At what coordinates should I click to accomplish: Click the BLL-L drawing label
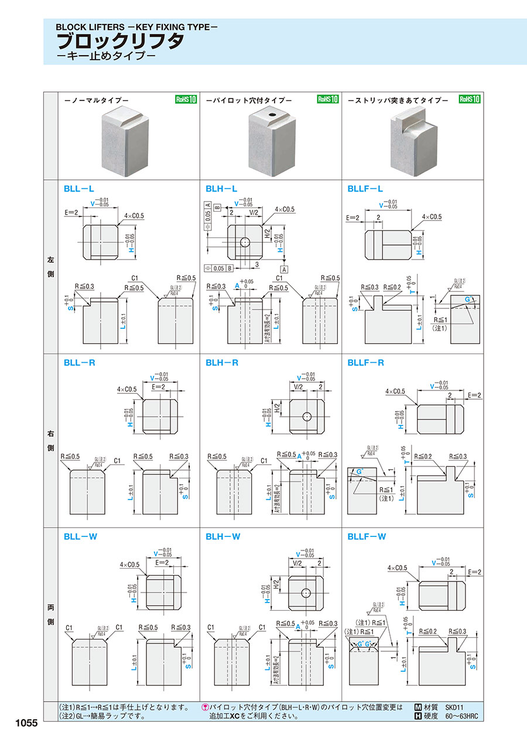[x=78, y=189]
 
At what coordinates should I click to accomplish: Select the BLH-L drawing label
[x=221, y=189]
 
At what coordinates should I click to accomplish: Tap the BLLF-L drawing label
[x=365, y=189]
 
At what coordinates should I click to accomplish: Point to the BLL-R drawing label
[x=79, y=363]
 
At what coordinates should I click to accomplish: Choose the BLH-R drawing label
[x=222, y=363]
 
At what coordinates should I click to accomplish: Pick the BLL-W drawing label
[x=80, y=536]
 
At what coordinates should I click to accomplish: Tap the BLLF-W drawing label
[x=366, y=536]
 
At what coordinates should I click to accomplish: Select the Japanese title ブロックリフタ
[x=120, y=42]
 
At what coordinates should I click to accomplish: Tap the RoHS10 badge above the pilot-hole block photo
[x=328, y=99]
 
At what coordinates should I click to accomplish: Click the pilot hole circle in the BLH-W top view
[x=306, y=593]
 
